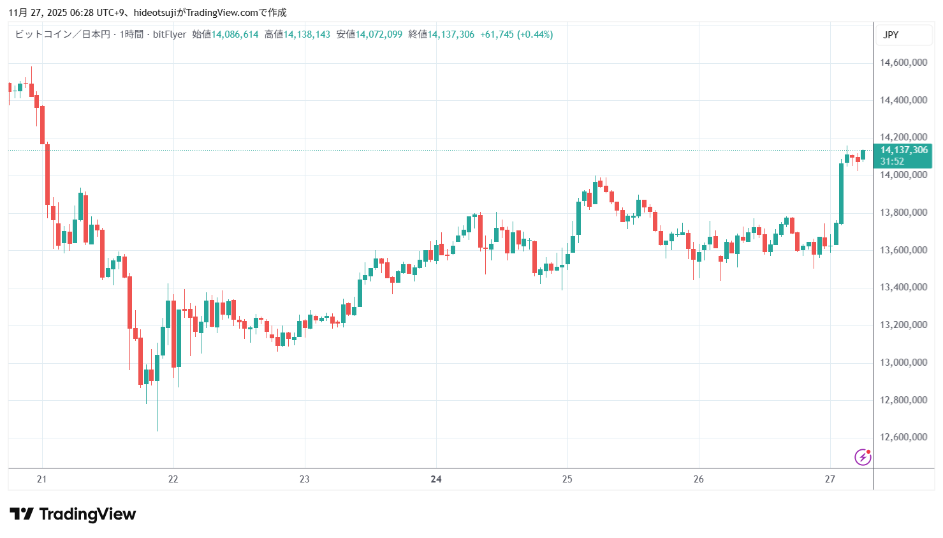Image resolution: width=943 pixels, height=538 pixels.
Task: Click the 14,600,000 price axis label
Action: [x=903, y=63]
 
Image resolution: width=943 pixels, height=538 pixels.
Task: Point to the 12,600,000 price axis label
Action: [x=903, y=437]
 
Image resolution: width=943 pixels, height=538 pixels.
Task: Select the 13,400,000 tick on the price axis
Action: [x=903, y=287]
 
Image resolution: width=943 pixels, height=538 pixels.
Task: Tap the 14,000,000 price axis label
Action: [x=903, y=175]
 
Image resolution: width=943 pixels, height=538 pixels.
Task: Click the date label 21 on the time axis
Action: [x=41, y=479]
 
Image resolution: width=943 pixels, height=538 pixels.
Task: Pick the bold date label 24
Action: [x=436, y=479]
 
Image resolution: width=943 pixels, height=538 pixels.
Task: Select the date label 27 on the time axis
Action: [x=830, y=479]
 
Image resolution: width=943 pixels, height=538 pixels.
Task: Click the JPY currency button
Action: [x=891, y=35]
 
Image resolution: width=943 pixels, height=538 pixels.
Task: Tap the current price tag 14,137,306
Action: [x=903, y=150]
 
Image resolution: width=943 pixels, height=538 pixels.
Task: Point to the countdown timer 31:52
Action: [x=892, y=161]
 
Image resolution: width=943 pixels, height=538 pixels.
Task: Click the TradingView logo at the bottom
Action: [x=73, y=514]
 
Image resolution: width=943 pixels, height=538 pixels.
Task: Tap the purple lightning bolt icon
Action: [x=862, y=457]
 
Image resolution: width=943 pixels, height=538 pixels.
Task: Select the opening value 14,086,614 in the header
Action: [x=235, y=34]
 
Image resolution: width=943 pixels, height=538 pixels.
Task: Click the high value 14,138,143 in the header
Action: [x=307, y=34]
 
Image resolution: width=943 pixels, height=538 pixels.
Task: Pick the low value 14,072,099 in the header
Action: [x=379, y=34]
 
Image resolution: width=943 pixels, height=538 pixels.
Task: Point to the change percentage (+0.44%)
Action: [x=535, y=34]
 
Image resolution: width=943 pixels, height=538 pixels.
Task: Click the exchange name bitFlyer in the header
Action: [x=170, y=34]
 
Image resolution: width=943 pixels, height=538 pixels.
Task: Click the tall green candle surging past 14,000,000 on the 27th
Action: [x=841, y=194]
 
